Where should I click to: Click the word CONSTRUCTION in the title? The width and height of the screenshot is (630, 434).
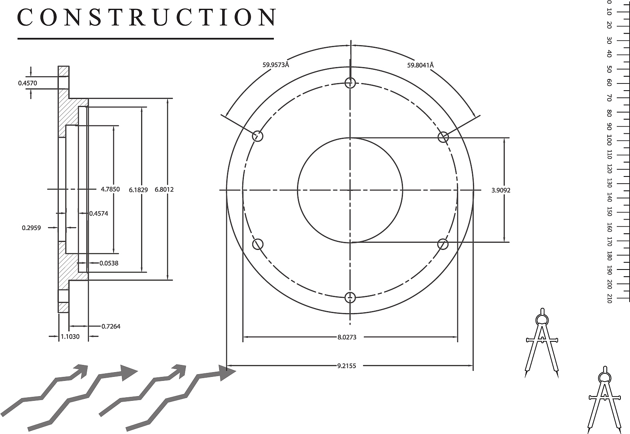(146, 18)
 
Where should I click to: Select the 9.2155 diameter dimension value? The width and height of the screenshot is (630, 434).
(346, 365)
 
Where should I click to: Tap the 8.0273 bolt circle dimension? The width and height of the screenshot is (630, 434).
(347, 337)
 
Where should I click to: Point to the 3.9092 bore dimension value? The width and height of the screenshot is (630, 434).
(500, 190)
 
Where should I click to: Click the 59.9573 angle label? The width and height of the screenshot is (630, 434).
(275, 65)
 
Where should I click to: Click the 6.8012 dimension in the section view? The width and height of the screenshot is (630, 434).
(164, 190)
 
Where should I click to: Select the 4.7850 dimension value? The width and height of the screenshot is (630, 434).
(110, 189)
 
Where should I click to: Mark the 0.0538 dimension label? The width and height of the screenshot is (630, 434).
(109, 263)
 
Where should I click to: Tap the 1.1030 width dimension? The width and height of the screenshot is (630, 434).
(70, 337)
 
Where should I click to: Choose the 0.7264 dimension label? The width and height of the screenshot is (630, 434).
(111, 326)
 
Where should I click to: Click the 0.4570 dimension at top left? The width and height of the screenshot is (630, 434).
(27, 83)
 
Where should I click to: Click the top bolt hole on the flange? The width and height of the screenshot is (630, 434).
(350, 83)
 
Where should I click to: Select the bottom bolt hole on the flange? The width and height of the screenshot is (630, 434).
(350, 297)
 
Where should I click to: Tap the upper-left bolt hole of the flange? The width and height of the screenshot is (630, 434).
(258, 136)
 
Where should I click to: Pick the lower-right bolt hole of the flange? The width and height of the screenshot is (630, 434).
(443, 244)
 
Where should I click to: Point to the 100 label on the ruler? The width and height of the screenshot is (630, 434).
(609, 140)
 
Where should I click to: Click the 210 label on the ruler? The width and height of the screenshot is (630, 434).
(609, 298)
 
